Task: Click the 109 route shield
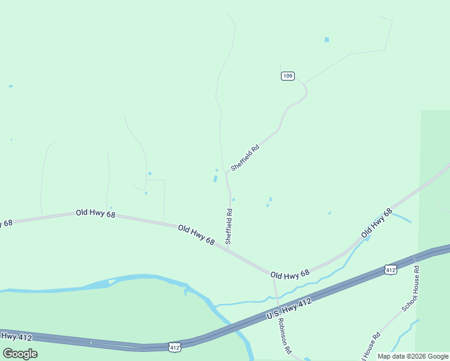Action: point(287,76)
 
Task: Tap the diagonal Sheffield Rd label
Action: point(245,157)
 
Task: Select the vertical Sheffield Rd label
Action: point(229,226)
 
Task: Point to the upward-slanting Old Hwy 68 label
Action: point(377,223)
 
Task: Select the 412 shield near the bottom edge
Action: point(174,347)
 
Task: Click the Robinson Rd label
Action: point(284,336)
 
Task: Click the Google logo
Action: point(20,353)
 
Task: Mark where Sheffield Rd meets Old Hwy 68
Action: point(229,247)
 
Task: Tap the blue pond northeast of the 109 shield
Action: point(327,40)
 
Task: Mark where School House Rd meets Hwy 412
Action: point(415,258)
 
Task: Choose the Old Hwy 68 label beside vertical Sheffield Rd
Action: point(196,234)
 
